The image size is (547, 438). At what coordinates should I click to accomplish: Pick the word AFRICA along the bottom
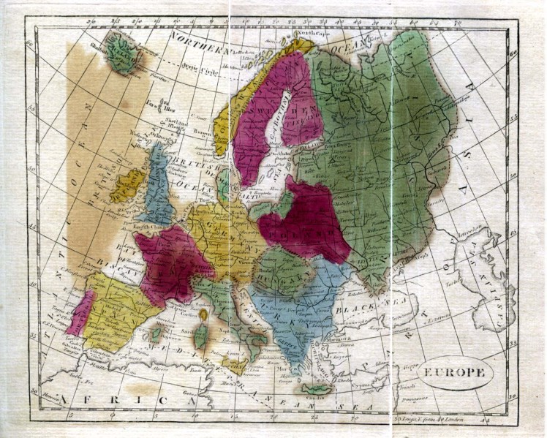point(121,400)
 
